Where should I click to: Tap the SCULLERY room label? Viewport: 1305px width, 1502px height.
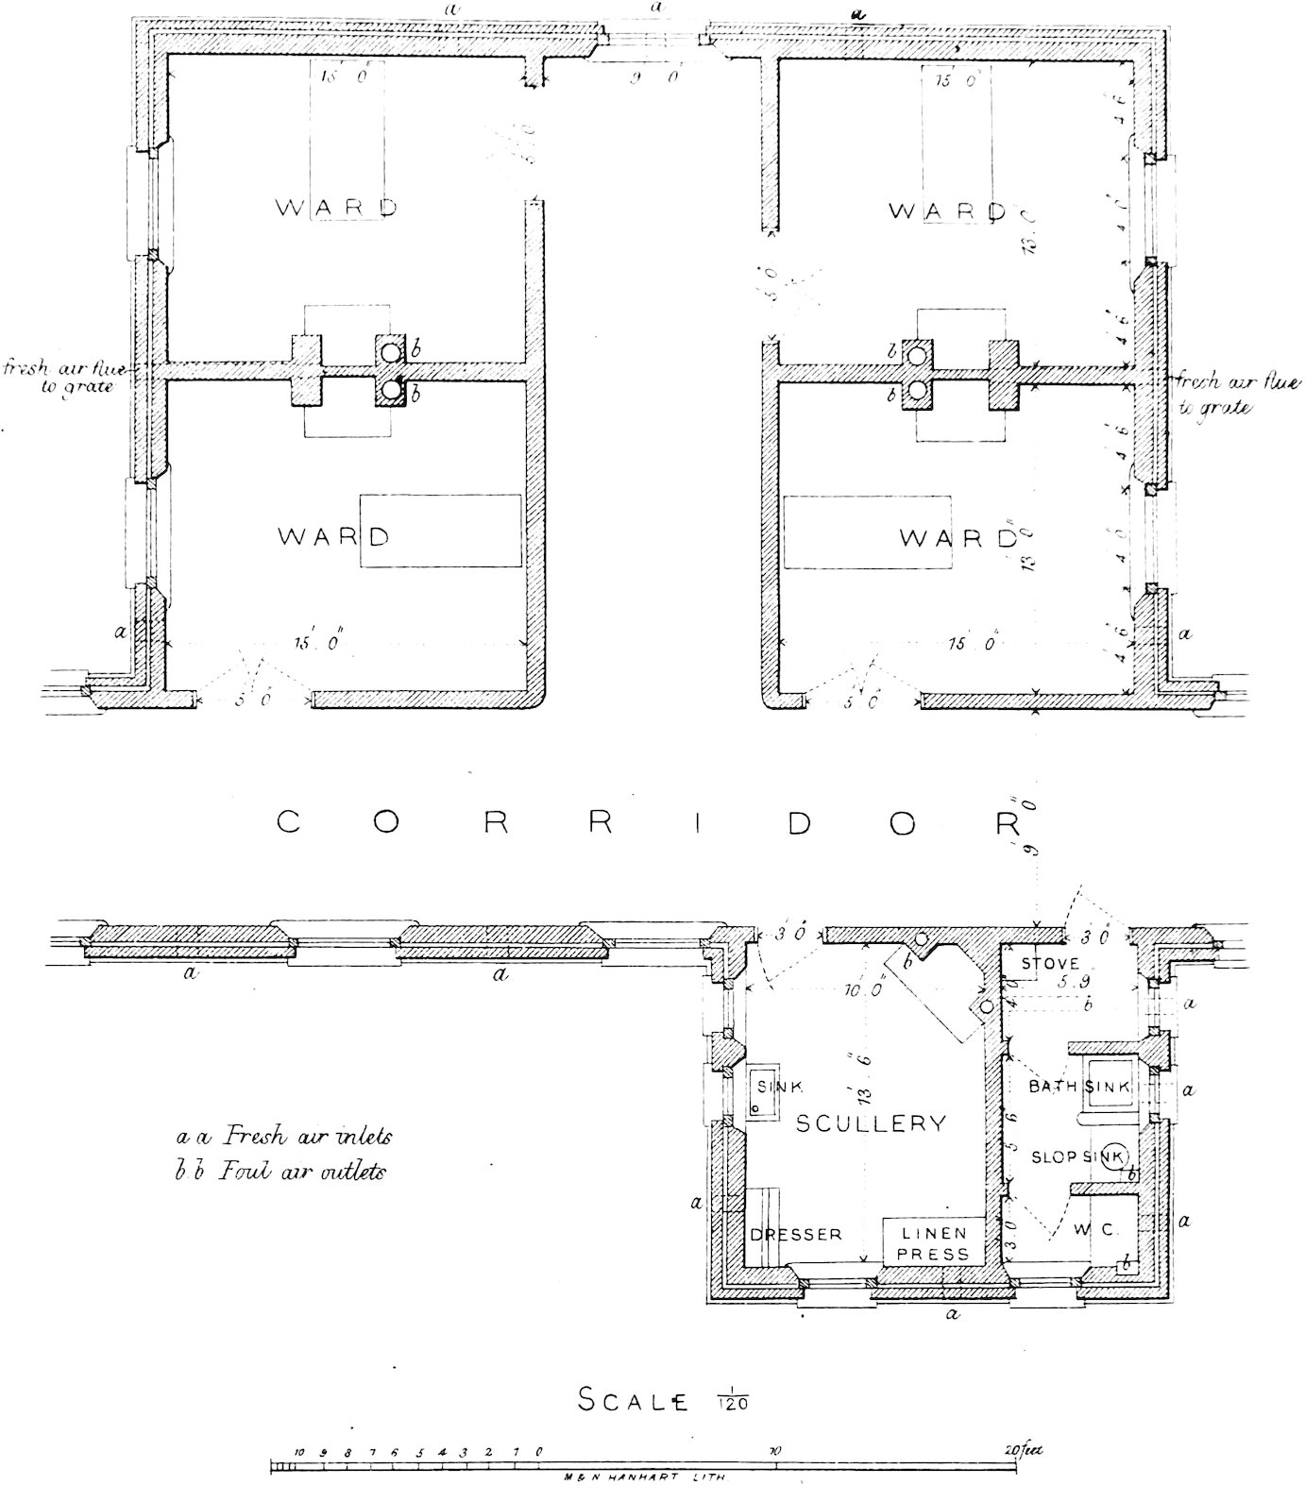pyautogui.click(x=870, y=1123)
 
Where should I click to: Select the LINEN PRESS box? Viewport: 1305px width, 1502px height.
pyautogui.click(x=934, y=1242)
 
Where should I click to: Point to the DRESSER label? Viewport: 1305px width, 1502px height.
pyautogui.click(x=795, y=1235)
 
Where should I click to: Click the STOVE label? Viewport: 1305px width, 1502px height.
pyautogui.click(x=1048, y=965)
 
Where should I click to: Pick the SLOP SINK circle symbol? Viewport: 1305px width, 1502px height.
pyautogui.click(x=1115, y=1155)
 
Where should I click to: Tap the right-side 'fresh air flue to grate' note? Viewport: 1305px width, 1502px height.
pyautogui.click(x=1237, y=395)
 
